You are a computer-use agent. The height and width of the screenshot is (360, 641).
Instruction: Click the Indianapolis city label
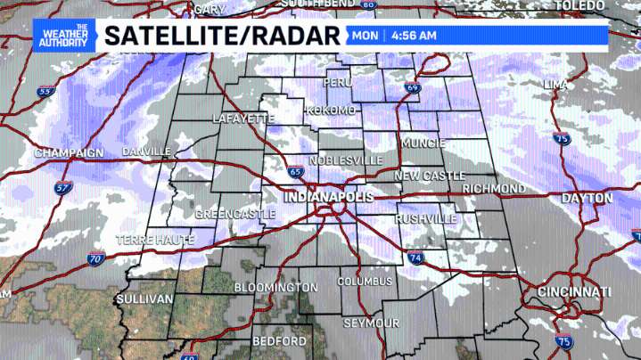click(x=327, y=195)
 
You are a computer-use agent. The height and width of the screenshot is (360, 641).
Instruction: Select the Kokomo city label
click(x=331, y=110)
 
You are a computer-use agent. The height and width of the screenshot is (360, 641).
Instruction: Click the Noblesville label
click(x=346, y=160)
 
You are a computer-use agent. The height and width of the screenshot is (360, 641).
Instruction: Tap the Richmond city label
click(x=495, y=189)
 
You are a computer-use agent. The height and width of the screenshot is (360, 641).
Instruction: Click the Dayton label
click(x=586, y=197)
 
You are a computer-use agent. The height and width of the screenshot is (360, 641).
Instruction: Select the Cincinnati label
click(x=574, y=292)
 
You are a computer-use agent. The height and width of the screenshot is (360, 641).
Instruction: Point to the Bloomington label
click(x=275, y=288)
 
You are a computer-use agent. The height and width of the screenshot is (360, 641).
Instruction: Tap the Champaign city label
click(x=69, y=153)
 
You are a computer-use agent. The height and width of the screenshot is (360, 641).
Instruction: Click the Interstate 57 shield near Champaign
click(x=62, y=188)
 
